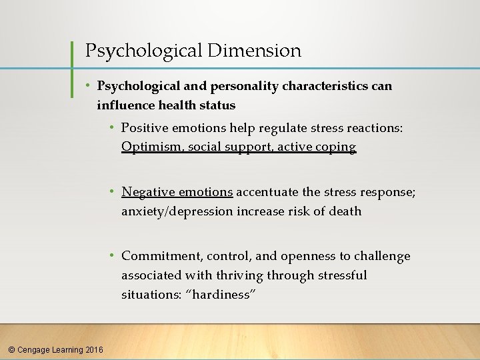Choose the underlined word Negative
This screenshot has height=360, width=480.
pos(148,192)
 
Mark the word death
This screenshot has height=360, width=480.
pos(346,211)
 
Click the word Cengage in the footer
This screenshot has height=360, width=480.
pos(36,349)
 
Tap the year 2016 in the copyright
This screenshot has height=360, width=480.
pos(95,349)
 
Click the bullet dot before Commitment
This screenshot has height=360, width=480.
pos(114,256)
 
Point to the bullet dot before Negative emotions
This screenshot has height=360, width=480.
pos(114,192)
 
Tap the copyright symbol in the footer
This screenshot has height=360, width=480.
pos(11,349)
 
